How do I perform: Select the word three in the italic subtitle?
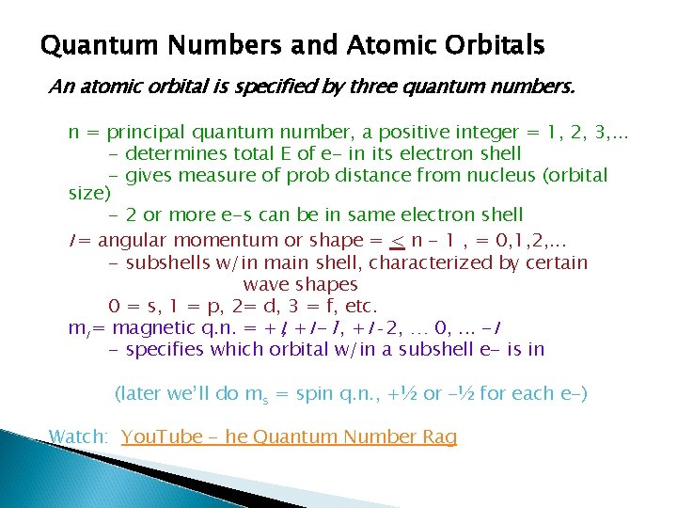tap(380, 87)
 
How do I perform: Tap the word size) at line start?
tap(90, 194)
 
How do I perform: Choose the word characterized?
tap(401, 262)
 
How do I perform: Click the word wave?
tap(265, 284)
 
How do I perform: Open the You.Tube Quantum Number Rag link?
tap(289, 437)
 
